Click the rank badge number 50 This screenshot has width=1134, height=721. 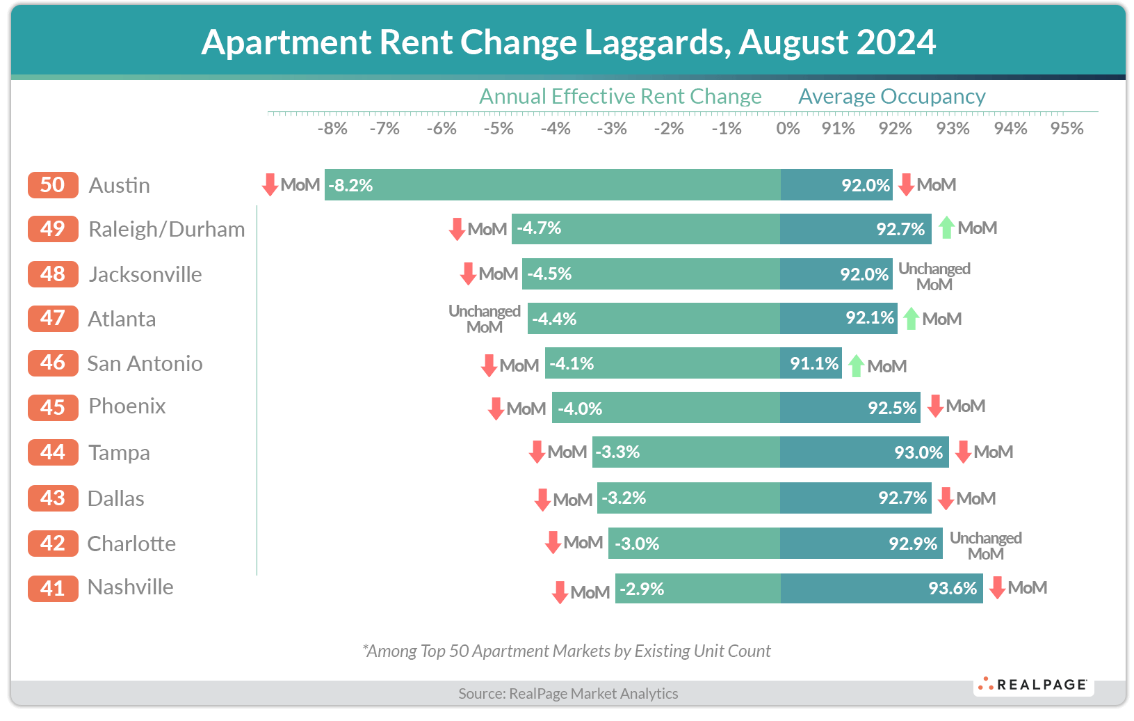click(53, 185)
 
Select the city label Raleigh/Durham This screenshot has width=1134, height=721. click(167, 230)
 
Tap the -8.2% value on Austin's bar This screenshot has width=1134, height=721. click(350, 185)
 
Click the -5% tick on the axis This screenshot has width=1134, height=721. click(499, 129)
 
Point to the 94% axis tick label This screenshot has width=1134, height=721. click(1010, 129)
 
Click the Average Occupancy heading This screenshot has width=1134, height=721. click(891, 96)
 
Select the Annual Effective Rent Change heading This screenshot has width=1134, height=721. click(620, 96)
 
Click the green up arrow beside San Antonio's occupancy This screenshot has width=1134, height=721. click(857, 365)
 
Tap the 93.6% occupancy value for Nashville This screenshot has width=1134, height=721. click(953, 589)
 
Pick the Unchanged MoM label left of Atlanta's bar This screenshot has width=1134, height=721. click(485, 319)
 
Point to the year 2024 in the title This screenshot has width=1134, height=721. click(896, 42)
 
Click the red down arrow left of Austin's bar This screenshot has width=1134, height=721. click(270, 185)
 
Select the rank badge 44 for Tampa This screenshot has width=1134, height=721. click(53, 452)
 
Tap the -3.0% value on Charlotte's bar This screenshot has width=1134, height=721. click(637, 544)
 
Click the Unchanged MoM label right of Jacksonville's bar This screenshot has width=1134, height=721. click(934, 276)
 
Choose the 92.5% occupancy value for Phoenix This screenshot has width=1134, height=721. click(892, 408)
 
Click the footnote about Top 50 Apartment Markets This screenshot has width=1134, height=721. click(567, 651)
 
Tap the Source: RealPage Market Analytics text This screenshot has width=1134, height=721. click(568, 693)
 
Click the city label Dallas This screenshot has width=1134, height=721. click(116, 499)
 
